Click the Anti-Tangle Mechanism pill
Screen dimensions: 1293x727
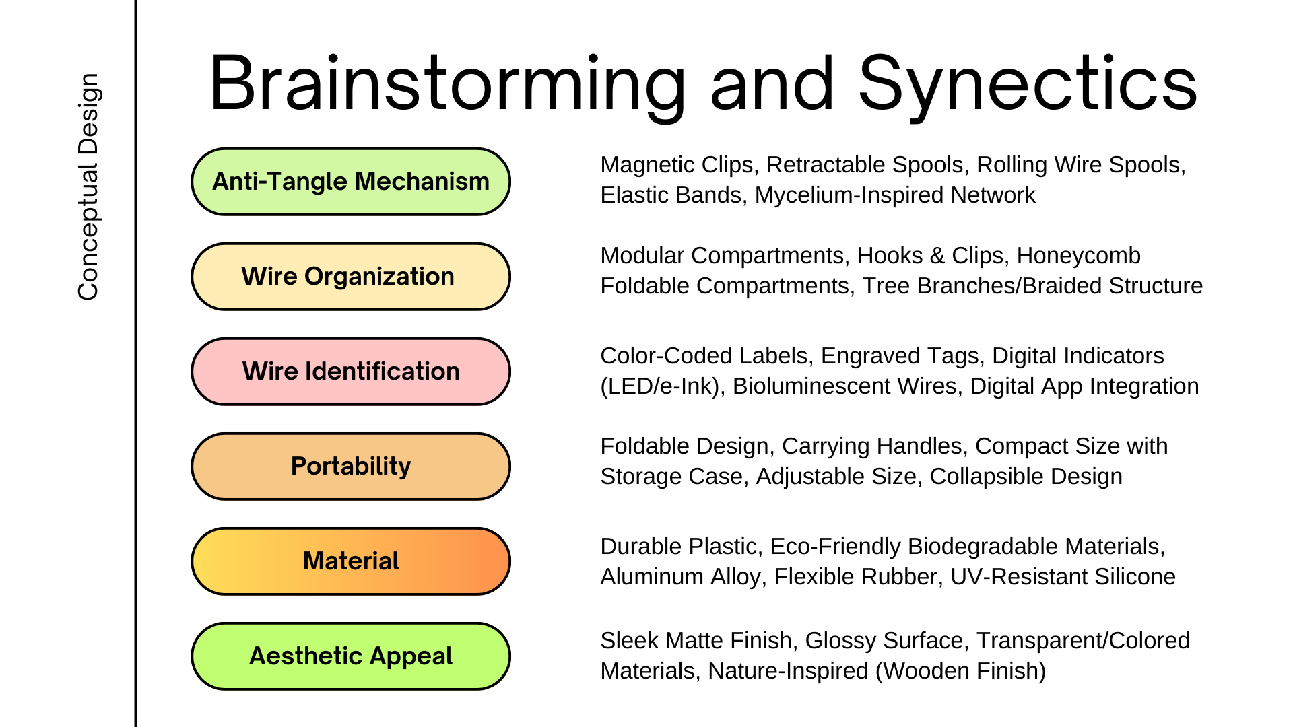[x=351, y=182]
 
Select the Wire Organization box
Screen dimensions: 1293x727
[x=351, y=277]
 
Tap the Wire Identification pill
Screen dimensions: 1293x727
[x=351, y=372]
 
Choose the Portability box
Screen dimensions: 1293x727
[x=351, y=466]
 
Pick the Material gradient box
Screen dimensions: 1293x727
[x=351, y=561]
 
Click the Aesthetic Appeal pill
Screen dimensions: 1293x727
[x=351, y=656]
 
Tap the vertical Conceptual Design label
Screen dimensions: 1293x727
[x=88, y=186]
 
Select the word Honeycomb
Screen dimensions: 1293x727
[x=1078, y=256]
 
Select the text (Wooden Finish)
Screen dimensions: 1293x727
[x=961, y=671]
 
